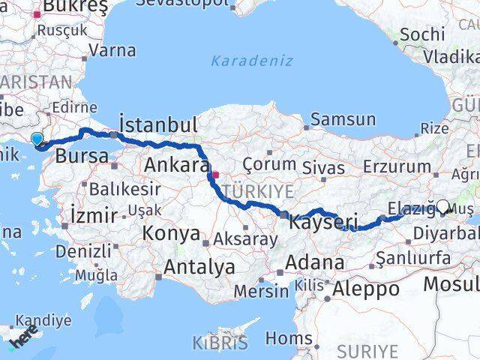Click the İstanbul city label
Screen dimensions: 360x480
[x=158, y=124]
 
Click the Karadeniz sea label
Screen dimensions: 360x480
[x=251, y=61]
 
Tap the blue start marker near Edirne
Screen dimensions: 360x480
[x=37, y=139]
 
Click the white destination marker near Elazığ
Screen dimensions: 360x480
[x=442, y=207]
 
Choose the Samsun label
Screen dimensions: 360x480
[x=343, y=119]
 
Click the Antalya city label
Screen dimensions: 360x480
[x=199, y=266]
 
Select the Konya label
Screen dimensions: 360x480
[x=172, y=233]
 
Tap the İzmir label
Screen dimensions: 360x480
[x=93, y=215]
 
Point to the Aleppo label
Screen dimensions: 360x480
[x=366, y=289]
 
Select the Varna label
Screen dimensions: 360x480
[x=112, y=51]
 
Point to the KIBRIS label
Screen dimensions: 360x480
[x=220, y=343]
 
